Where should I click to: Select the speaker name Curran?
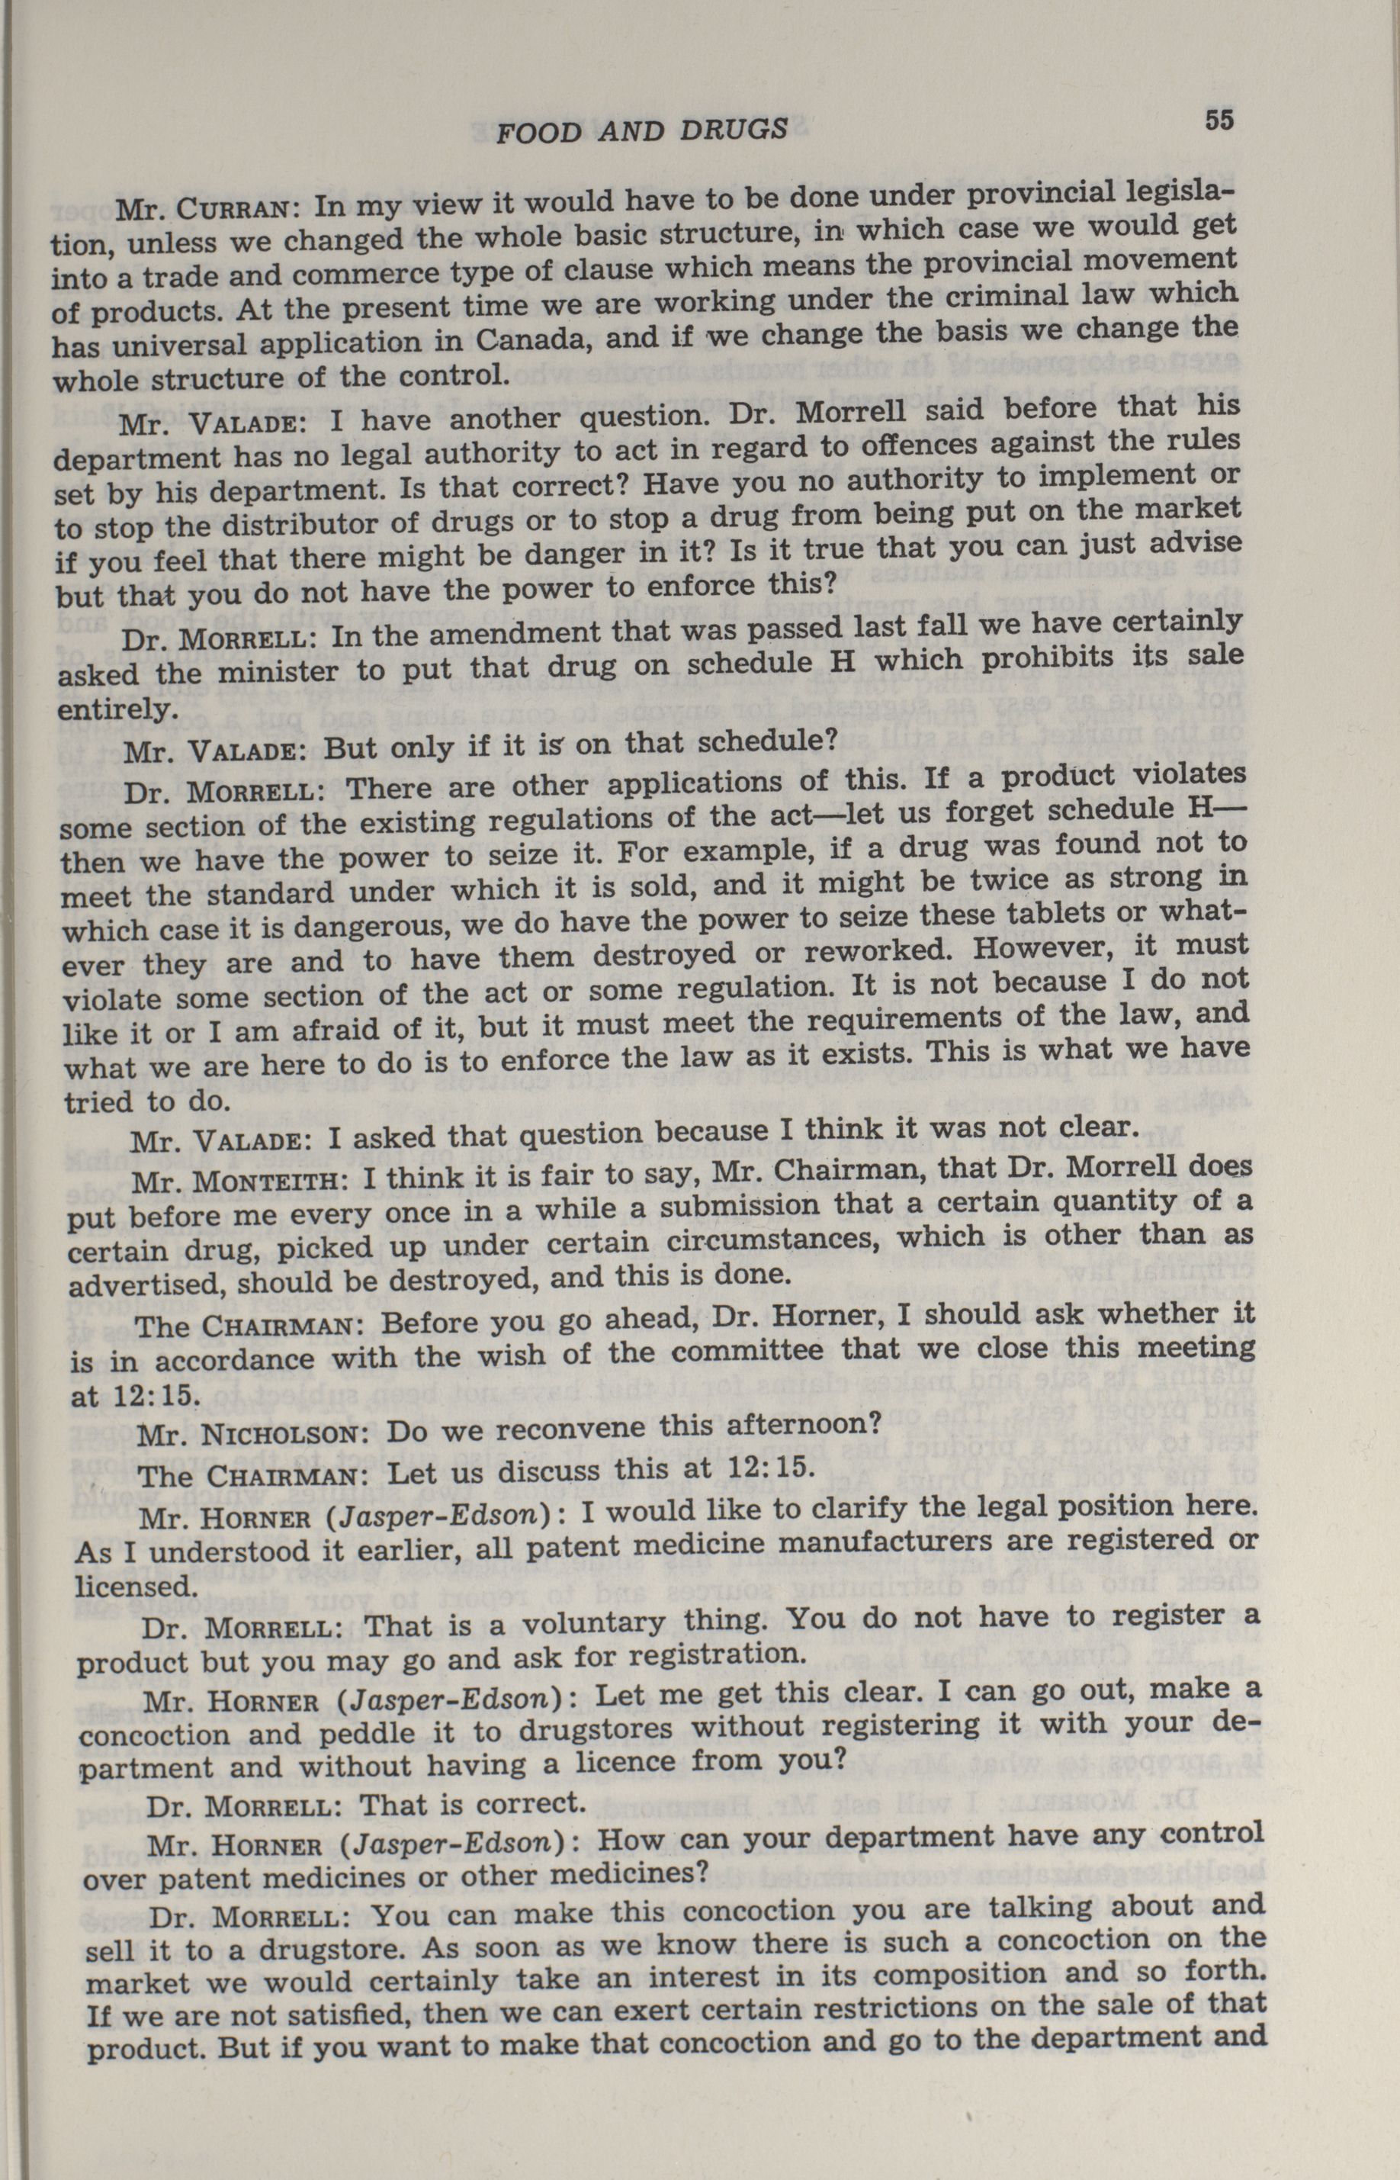(x=233, y=209)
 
